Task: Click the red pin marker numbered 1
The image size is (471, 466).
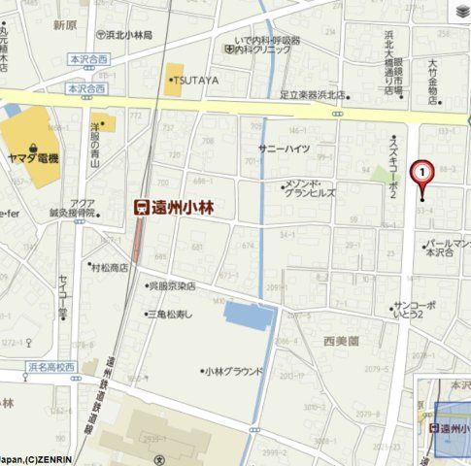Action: [422, 173]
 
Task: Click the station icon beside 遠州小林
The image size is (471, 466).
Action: [142, 207]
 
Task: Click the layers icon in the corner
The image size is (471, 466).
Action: [460, 11]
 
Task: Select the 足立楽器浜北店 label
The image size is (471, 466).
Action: [312, 94]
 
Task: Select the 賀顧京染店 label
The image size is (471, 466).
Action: [171, 286]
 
